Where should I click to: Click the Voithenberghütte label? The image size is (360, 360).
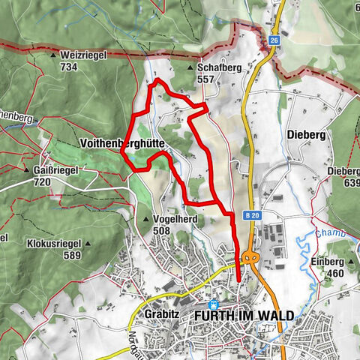click(x=121, y=142)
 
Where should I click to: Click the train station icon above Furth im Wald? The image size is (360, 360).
click(x=214, y=304)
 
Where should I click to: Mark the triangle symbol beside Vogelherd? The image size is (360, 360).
click(x=146, y=219)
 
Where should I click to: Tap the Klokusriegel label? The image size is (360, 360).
click(x=52, y=244)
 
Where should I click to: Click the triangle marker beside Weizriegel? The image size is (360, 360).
click(x=53, y=55)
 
